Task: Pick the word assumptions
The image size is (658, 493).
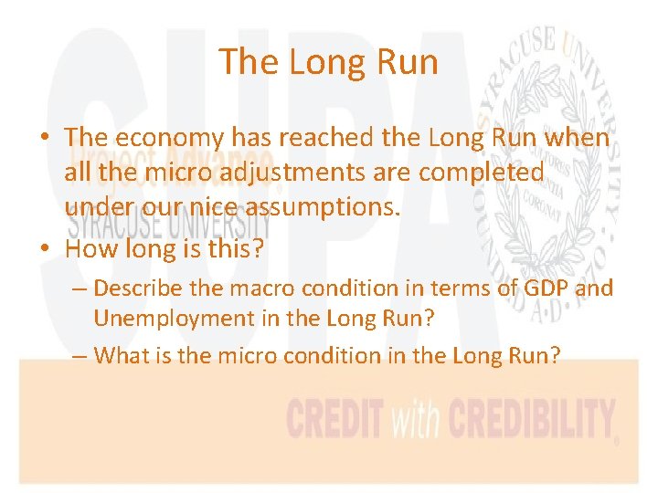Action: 322,207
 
